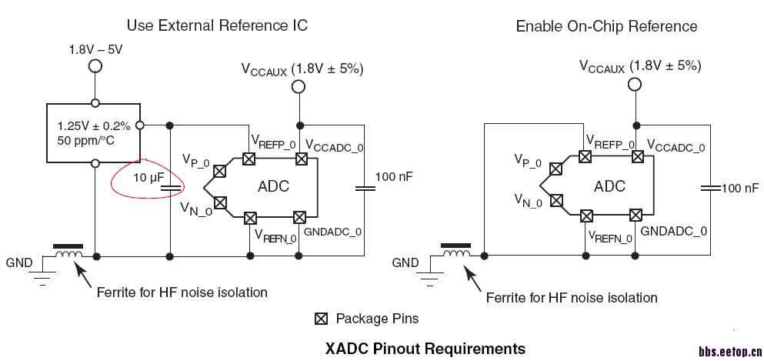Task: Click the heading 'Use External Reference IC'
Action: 217,25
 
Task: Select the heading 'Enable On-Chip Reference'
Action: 606,26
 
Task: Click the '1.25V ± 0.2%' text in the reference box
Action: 94,125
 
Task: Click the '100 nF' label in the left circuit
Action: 394,177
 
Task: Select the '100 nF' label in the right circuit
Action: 739,188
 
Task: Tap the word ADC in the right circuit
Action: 609,186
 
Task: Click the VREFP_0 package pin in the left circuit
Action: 249,159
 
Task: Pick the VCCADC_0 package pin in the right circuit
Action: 637,156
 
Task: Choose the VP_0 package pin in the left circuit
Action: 220,172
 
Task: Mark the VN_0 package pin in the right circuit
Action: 553,202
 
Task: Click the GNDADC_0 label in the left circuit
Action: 332,231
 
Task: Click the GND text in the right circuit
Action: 405,262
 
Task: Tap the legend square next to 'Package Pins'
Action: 322,318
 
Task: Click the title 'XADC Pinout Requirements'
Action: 425,348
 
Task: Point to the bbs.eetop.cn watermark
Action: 729,352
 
